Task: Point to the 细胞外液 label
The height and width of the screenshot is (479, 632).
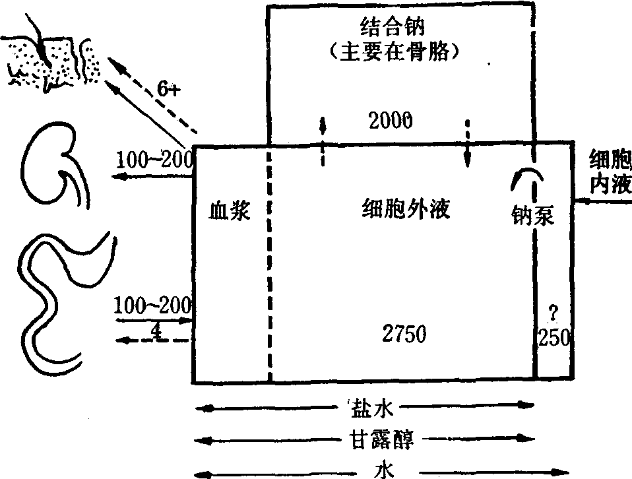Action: point(406,209)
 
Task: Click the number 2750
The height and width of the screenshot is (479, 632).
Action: point(404,334)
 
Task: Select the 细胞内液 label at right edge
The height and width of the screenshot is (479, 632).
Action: point(610,173)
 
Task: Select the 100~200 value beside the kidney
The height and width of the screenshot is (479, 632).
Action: point(154,159)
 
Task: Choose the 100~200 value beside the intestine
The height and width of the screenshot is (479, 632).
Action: point(152,305)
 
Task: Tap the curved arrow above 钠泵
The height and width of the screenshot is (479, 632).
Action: point(527,176)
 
